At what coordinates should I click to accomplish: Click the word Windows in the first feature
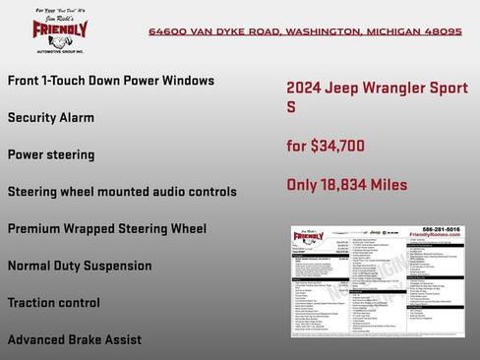point(185,81)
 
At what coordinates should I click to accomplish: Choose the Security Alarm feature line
point(51,117)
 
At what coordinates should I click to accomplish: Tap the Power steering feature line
point(51,154)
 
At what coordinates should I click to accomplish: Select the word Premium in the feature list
point(36,228)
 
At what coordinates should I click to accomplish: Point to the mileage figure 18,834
point(347,184)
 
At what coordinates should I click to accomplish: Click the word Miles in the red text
point(389,184)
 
